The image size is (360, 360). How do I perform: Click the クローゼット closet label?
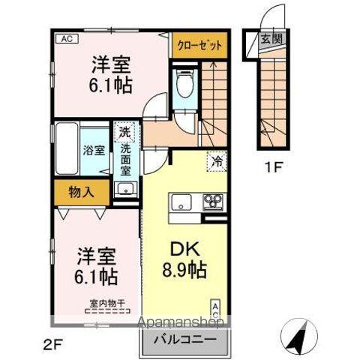(x=199, y=44)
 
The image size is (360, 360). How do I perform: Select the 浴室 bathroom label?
(x=93, y=149)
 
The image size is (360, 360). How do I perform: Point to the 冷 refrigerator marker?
(x=217, y=160)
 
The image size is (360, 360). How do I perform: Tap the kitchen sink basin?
(x=183, y=202)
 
